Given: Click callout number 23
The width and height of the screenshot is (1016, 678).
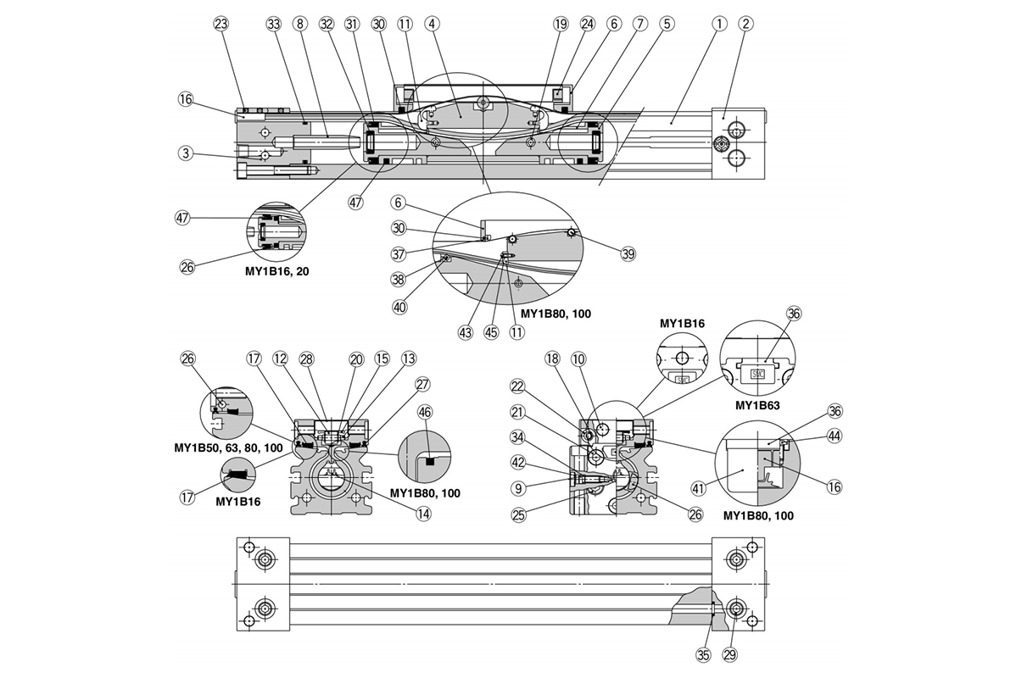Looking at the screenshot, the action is click(x=221, y=24).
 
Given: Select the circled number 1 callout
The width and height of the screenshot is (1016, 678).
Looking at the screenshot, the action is click(x=718, y=24).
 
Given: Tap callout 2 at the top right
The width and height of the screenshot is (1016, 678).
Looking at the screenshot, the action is click(x=745, y=24).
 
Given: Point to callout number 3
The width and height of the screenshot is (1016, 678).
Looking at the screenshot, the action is click(x=186, y=154).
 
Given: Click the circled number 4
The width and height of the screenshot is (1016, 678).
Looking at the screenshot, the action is click(x=433, y=24).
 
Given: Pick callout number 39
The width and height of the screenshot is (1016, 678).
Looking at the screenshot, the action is click(x=628, y=254).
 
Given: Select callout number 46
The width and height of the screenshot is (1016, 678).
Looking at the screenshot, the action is click(x=425, y=412).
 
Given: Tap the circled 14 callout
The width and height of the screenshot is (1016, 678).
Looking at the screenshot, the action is click(x=423, y=514).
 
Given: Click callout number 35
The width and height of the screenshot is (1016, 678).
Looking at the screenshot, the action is click(x=703, y=655).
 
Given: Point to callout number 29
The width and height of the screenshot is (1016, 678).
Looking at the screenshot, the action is click(x=729, y=655).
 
